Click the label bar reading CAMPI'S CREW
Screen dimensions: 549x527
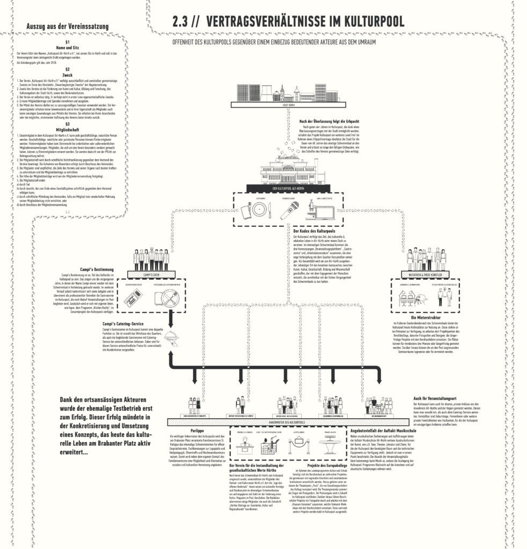coord(151,273)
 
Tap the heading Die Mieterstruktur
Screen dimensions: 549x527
coord(426,318)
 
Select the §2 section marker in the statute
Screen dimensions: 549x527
coord(68,70)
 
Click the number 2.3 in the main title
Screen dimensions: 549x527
coord(181,21)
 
